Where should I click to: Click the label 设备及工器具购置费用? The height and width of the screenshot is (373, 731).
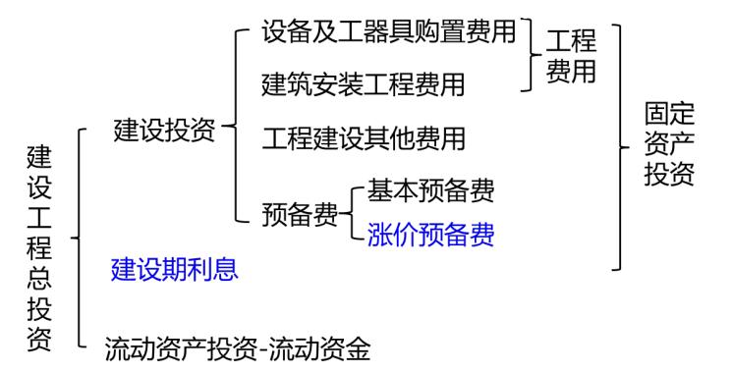pyautogui.click(x=389, y=32)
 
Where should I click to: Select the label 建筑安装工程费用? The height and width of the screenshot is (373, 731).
pyautogui.click(x=364, y=84)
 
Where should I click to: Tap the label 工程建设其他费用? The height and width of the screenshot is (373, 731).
pyautogui.click(x=364, y=137)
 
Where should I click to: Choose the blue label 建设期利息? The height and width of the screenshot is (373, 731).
pyautogui.click(x=174, y=268)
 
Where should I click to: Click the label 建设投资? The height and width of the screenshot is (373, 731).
pyautogui.click(x=164, y=131)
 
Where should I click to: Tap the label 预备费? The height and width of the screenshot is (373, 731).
pyautogui.click(x=300, y=212)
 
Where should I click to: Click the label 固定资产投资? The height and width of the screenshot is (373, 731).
pyautogui.click(x=669, y=146)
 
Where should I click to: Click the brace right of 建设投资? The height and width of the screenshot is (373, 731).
pyautogui.click(x=234, y=126)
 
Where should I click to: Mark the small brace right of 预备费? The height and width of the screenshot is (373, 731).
pyautogui.click(x=355, y=211)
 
